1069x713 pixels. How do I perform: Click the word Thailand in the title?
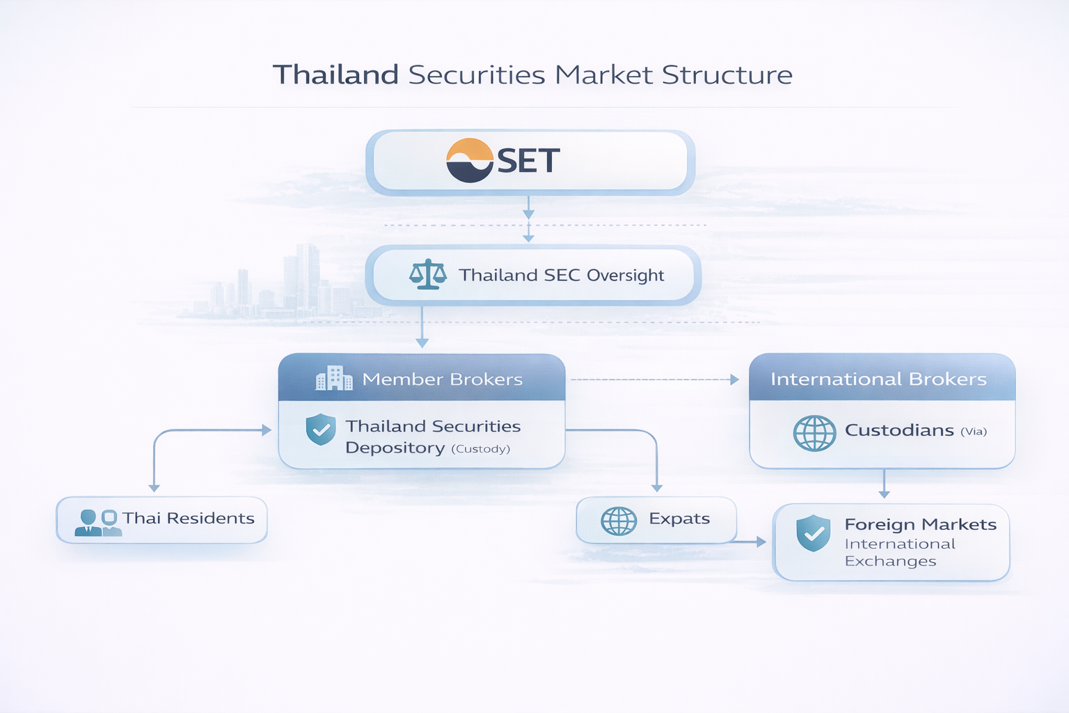coord(335,75)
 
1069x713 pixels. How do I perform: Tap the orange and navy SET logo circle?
coord(470,160)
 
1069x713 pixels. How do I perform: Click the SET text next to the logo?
coord(528,162)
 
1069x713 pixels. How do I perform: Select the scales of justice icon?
coord(427,274)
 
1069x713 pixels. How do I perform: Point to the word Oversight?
coord(625,276)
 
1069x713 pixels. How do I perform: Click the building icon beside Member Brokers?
coord(333,378)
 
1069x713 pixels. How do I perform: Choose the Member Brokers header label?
coord(442,379)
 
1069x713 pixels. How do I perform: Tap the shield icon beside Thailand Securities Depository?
coord(321,429)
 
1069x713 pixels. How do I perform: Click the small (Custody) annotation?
coord(480,449)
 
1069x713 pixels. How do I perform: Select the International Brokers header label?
coord(878,379)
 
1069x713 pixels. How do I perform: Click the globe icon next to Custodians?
coord(814,433)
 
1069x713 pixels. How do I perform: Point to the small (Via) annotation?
coord(974,432)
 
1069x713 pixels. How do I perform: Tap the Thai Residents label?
coord(188,519)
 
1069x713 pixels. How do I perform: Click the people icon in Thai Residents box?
coord(98,522)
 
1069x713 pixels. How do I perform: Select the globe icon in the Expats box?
coord(618,521)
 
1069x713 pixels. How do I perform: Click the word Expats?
coord(679,519)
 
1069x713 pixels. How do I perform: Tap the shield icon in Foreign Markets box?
coord(813,533)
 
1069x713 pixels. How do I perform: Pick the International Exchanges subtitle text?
coord(899,552)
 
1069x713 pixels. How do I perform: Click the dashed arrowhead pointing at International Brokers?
coord(734,379)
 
